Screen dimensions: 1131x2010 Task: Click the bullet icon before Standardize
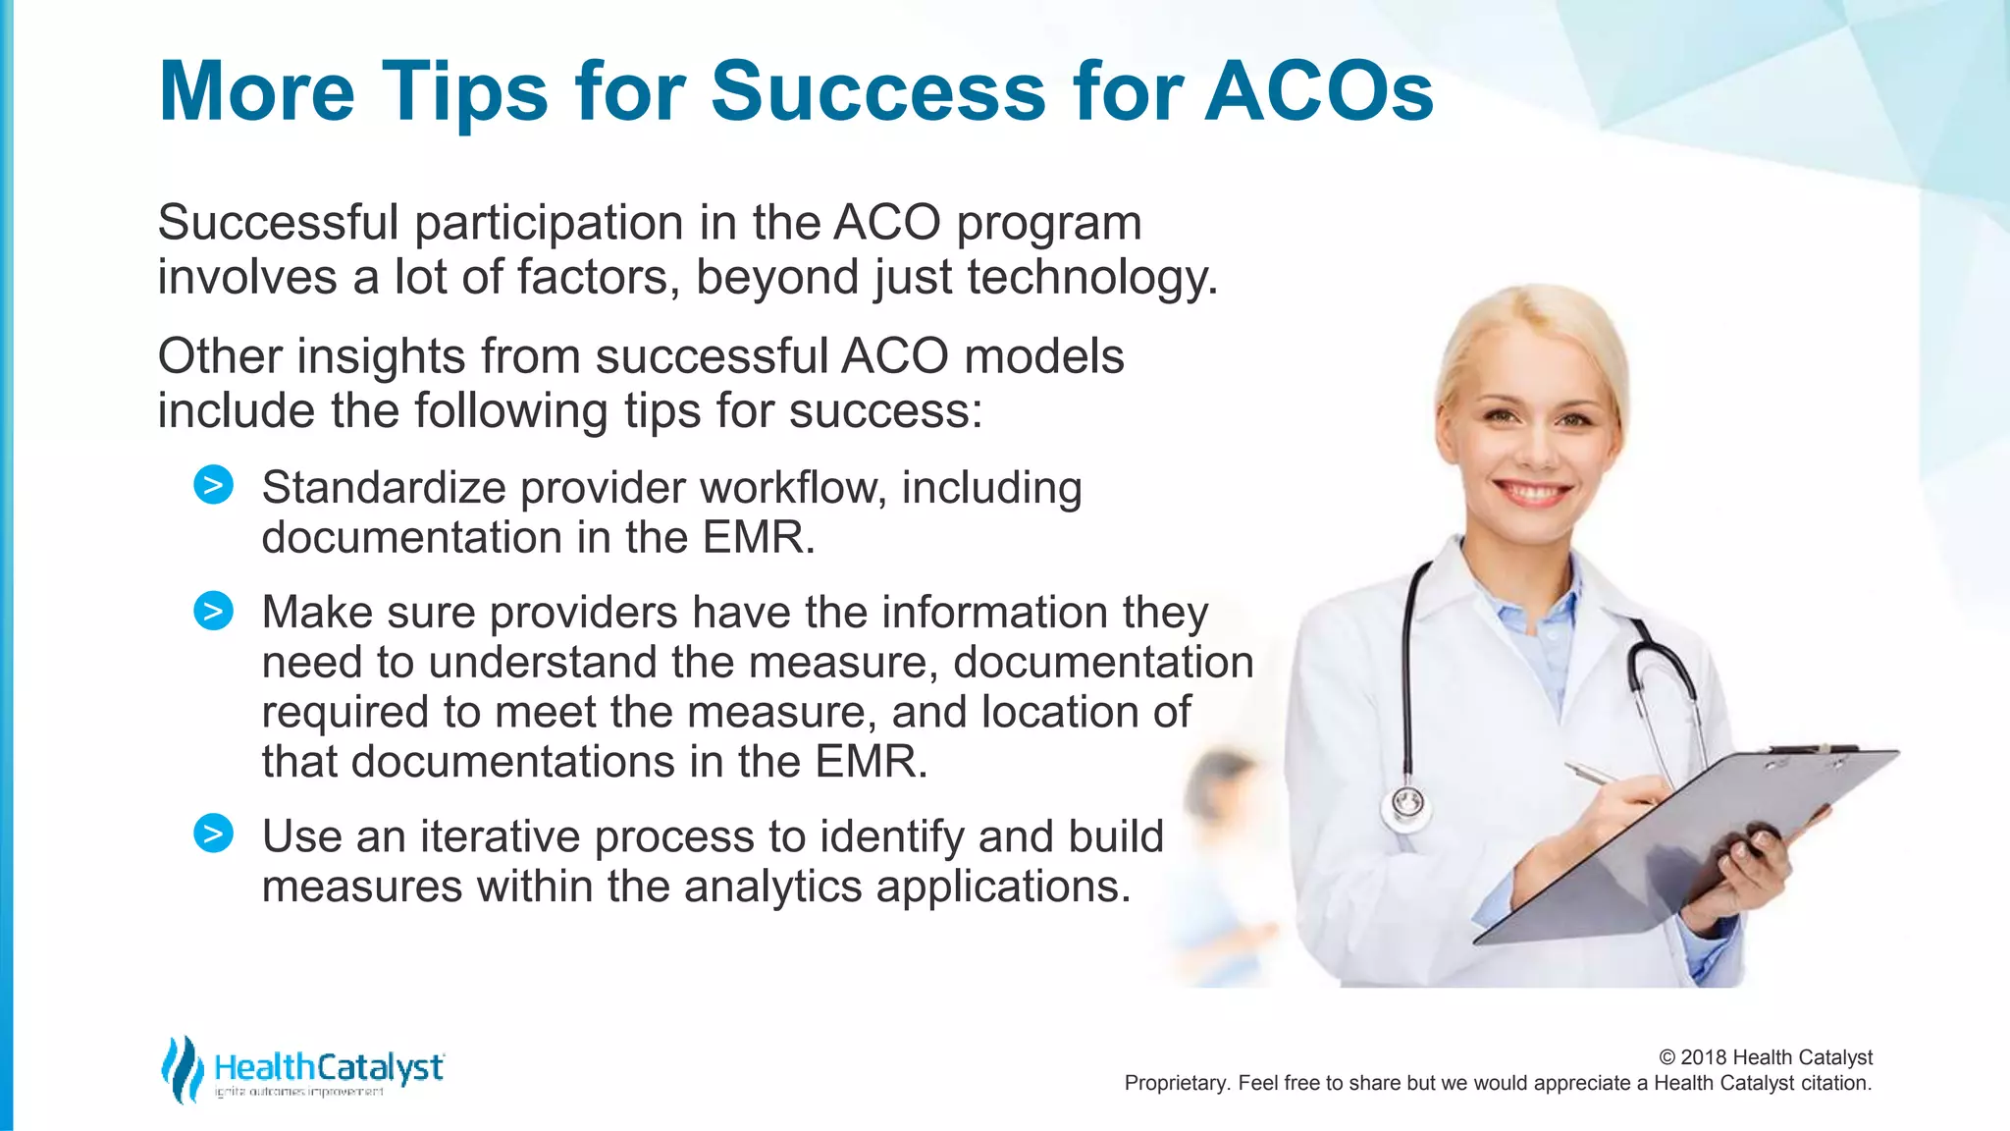[x=213, y=485]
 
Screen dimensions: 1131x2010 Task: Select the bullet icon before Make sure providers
[x=213, y=611]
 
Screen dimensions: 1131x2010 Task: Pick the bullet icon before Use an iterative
[x=213, y=834]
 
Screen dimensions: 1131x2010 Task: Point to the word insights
[x=381, y=355]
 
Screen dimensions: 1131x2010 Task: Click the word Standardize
[x=383, y=488]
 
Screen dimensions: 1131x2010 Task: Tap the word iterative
[x=500, y=836]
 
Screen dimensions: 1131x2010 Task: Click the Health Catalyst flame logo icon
[x=182, y=1069]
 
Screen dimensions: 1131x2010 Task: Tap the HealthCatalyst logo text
[x=329, y=1067]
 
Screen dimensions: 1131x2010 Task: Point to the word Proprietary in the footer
[x=1176, y=1083]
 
